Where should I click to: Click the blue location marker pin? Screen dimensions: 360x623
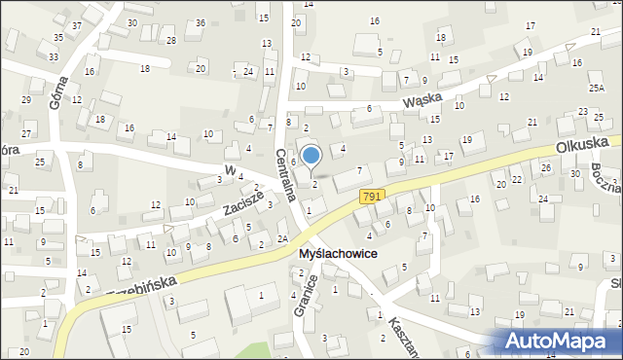point(311,156)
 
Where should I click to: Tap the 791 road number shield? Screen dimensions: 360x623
point(371,197)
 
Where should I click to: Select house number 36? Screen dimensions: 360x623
point(200,22)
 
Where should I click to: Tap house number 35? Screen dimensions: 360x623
point(58,38)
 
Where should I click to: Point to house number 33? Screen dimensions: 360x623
point(53,57)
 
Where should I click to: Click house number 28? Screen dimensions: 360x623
point(171,40)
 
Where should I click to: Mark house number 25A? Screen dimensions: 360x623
point(596,88)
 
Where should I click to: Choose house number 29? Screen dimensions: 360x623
point(26,100)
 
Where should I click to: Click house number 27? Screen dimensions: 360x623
point(27,133)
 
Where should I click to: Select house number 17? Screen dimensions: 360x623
point(449,156)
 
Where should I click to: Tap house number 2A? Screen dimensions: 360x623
point(281,238)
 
